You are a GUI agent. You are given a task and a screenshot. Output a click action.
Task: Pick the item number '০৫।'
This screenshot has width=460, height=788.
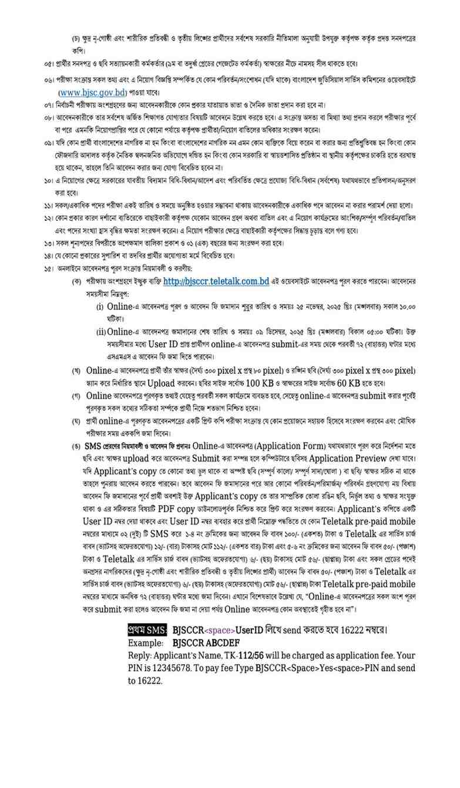point(49,63)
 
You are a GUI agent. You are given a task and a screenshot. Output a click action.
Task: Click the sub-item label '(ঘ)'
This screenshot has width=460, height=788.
point(77,421)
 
